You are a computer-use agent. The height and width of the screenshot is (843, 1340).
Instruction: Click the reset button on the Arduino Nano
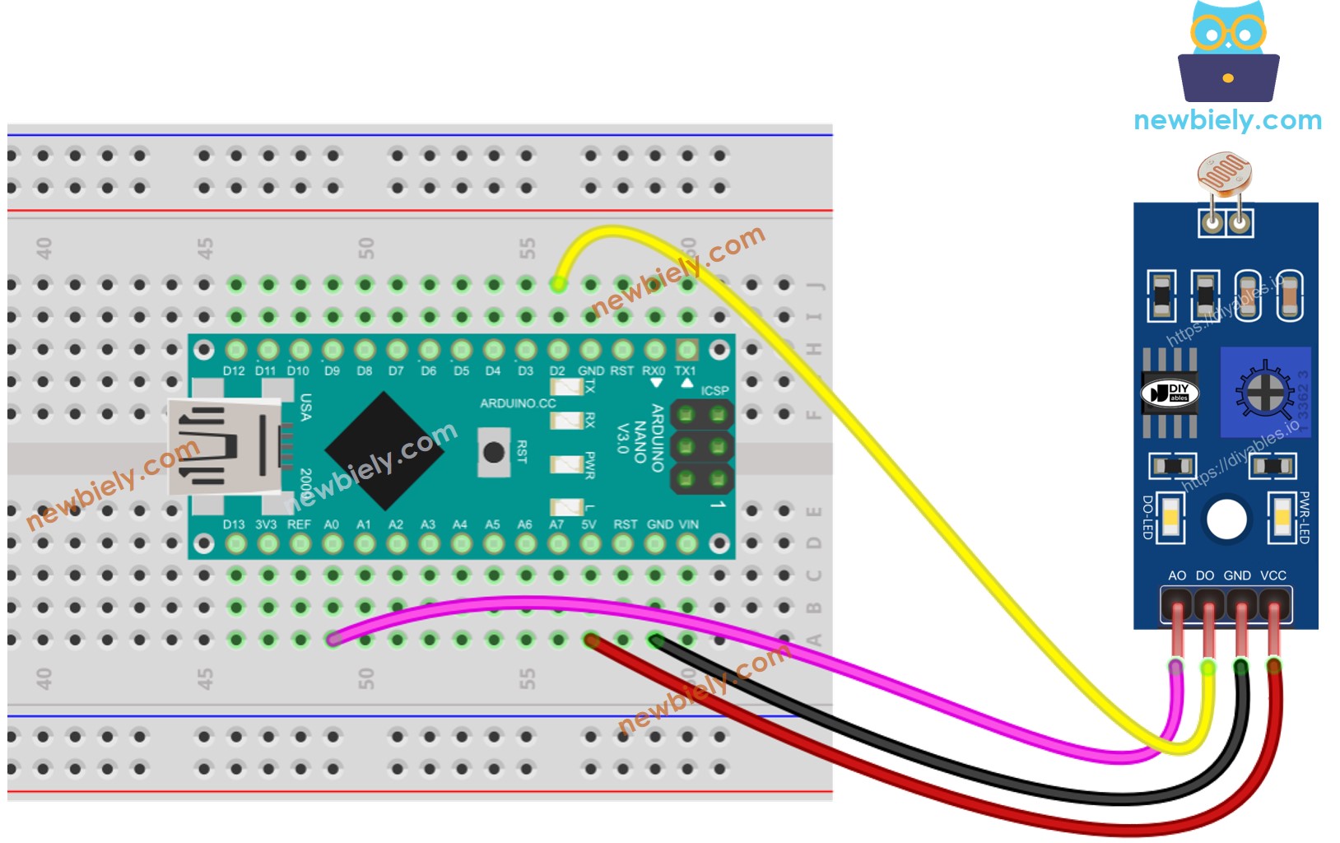click(x=494, y=452)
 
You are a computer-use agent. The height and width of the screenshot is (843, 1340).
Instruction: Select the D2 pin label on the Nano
click(x=558, y=371)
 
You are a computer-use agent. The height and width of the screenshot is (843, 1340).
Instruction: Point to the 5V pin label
click(x=589, y=524)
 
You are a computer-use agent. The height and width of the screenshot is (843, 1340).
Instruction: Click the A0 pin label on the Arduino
click(x=332, y=524)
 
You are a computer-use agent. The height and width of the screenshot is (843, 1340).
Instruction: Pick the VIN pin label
click(x=689, y=524)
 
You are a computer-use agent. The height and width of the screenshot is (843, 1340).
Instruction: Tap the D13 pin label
click(x=234, y=524)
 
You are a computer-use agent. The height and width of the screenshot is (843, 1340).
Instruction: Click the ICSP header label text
click(x=714, y=390)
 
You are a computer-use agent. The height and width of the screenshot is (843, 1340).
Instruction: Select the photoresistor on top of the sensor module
click(x=1225, y=174)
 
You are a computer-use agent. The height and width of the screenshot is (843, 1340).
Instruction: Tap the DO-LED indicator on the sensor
click(x=1170, y=518)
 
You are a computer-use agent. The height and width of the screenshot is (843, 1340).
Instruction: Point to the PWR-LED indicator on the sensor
click(x=1282, y=518)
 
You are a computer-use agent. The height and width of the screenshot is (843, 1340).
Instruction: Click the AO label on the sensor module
click(x=1177, y=575)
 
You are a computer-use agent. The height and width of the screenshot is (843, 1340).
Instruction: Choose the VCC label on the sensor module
click(x=1273, y=575)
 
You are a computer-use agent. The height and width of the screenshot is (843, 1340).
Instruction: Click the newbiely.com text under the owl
click(x=1227, y=120)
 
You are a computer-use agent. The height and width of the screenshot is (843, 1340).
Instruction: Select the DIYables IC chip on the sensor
click(x=1170, y=393)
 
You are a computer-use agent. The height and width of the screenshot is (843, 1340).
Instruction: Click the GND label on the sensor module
click(x=1237, y=575)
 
